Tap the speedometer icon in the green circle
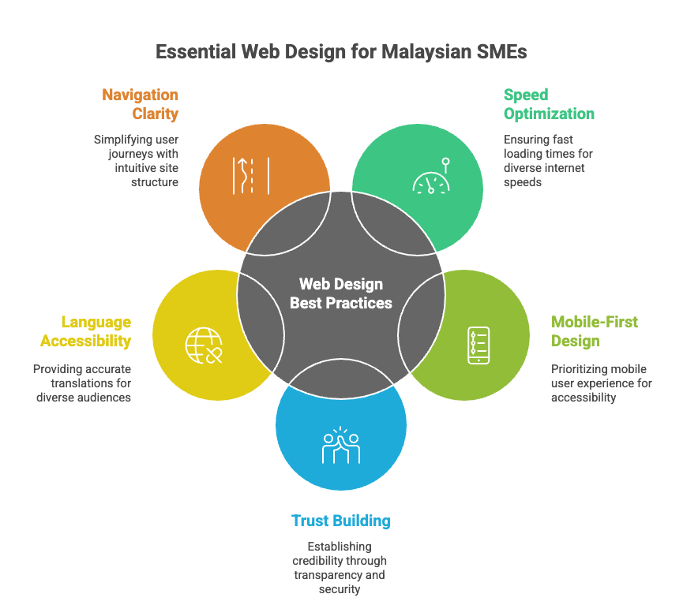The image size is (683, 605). pyautogui.click(x=431, y=178)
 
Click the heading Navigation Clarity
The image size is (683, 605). pyautogui.click(x=141, y=104)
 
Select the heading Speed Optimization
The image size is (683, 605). pyautogui.click(x=549, y=104)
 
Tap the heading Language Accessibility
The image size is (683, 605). pyautogui.click(x=85, y=331)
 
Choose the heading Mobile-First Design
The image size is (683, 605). pyautogui.click(x=594, y=331)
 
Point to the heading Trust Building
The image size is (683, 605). pyautogui.click(x=341, y=521)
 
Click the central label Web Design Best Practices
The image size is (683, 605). pyautogui.click(x=341, y=293)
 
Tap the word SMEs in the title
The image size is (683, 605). pyautogui.click(x=501, y=52)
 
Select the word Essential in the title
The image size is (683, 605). pyautogui.click(x=193, y=52)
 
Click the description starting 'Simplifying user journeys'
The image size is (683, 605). pyautogui.click(x=136, y=160)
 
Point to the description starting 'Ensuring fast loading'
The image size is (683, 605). pyautogui.click(x=548, y=160)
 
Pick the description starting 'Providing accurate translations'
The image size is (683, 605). pyautogui.click(x=83, y=383)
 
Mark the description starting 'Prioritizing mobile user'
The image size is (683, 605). pyautogui.click(x=601, y=383)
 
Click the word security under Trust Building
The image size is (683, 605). pyautogui.click(x=341, y=588)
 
